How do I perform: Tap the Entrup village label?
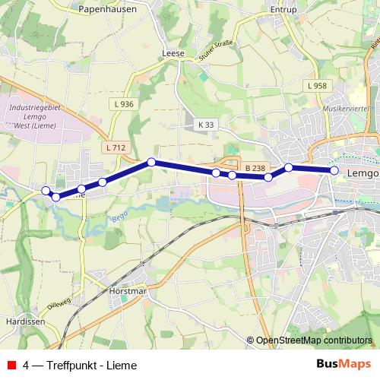[283, 10]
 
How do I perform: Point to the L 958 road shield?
[318, 86]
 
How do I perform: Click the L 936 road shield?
[122, 104]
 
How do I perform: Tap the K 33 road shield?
[206, 124]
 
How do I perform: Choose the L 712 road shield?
[116, 147]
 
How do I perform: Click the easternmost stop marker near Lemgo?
[334, 170]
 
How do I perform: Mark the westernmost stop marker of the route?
[46, 190]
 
